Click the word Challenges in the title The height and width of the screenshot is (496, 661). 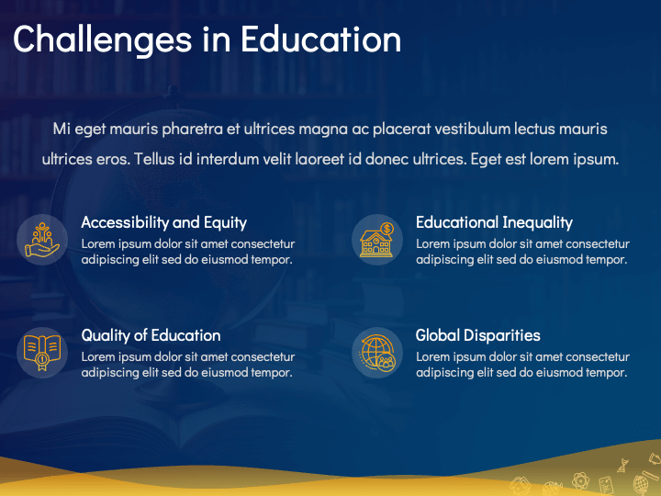tap(103, 40)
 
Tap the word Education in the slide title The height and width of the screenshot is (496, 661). tap(320, 39)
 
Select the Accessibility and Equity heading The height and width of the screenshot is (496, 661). tap(164, 222)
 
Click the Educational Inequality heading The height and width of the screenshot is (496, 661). tap(494, 222)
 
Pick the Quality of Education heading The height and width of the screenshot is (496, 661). tap(151, 336)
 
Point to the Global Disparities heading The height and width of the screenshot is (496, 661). tap(478, 336)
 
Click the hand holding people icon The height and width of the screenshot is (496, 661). tap(42, 240)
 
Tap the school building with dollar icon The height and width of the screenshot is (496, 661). tap(377, 240)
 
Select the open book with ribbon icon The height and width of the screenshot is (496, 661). tap(42, 353)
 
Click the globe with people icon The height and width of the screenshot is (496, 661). tap(377, 353)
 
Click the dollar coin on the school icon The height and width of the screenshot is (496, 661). tap(387, 229)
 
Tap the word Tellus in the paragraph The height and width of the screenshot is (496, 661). tap(154, 160)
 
